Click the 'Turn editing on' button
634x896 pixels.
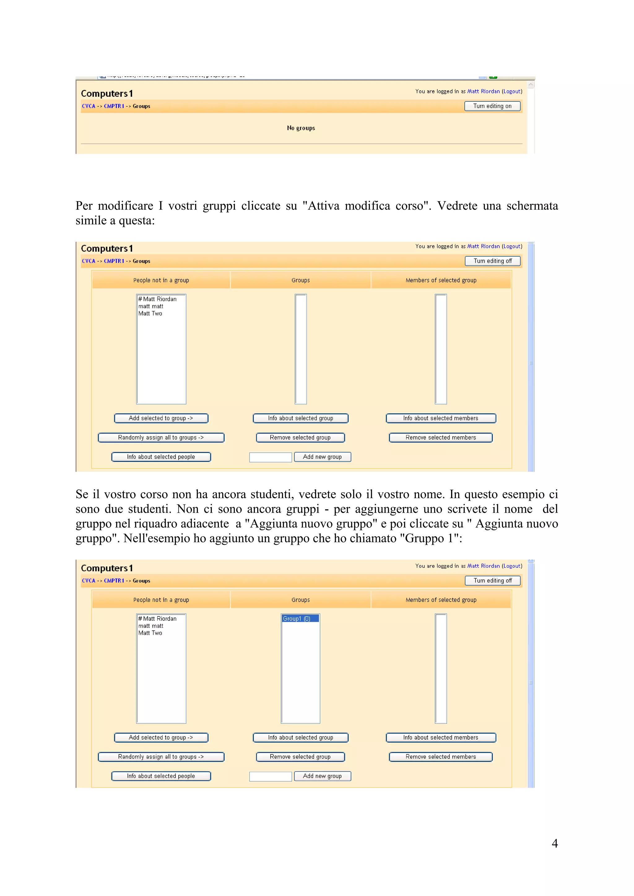pyautogui.click(x=492, y=106)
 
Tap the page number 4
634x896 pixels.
pyautogui.click(x=554, y=843)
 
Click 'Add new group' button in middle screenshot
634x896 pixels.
pyautogui.click(x=322, y=457)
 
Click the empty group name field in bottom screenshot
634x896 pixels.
pyautogui.click(x=270, y=776)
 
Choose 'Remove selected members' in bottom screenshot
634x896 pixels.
pyautogui.click(x=440, y=757)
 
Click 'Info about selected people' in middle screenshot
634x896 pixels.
pyautogui.click(x=161, y=457)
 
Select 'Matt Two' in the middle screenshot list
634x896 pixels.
pyautogui.click(x=150, y=314)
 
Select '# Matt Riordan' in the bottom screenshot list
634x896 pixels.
pyautogui.click(x=158, y=619)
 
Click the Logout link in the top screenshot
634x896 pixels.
pyautogui.click(x=511, y=91)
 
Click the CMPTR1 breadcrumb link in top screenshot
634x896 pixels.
pyautogui.click(x=114, y=106)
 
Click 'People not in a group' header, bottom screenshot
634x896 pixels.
pyautogui.click(x=161, y=600)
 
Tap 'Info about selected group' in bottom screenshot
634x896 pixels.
pyautogui.click(x=300, y=738)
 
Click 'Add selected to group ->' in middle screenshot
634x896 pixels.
pyautogui.click(x=161, y=418)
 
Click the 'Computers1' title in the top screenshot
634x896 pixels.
pyautogui.click(x=106, y=94)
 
